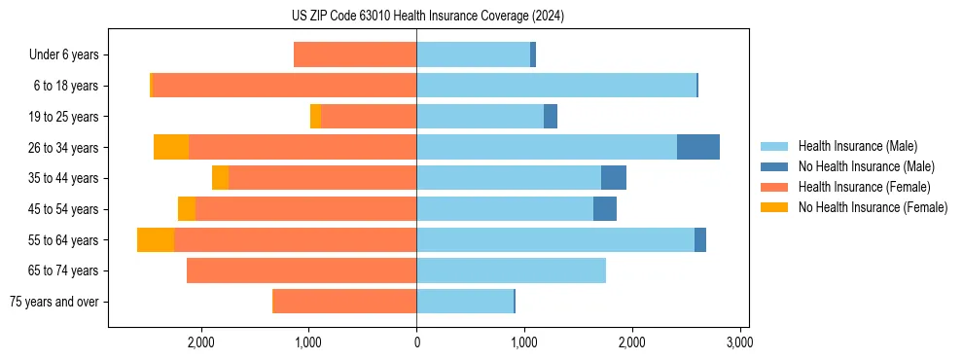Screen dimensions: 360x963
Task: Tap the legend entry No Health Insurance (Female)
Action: click(873, 207)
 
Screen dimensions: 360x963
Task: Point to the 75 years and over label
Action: click(53, 302)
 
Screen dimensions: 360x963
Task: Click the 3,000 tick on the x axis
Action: click(738, 342)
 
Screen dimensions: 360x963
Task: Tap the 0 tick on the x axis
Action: click(416, 342)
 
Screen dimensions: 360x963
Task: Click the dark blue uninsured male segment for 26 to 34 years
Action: click(698, 147)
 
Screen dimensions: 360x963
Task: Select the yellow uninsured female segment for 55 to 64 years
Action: click(156, 239)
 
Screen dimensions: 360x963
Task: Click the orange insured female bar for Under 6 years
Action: click(355, 54)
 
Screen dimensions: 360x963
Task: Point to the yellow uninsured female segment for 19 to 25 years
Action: click(315, 117)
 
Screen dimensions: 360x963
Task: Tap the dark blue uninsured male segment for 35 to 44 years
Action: click(614, 178)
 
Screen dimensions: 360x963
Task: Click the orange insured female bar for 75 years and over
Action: click(344, 302)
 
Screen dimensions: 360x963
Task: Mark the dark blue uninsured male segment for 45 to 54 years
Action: click(605, 209)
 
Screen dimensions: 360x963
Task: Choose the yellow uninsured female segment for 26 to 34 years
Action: click(171, 147)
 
